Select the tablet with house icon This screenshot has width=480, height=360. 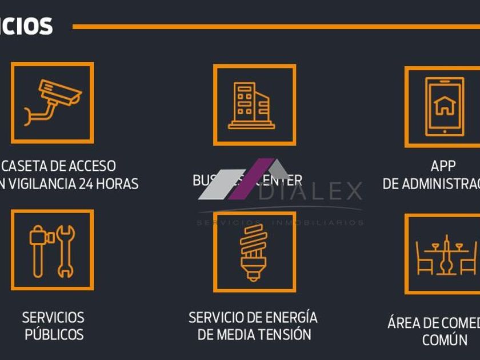tap(444, 106)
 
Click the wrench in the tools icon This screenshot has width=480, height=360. tap(66, 251)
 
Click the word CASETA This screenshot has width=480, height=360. tap(25, 166)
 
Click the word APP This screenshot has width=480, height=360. tap(443, 166)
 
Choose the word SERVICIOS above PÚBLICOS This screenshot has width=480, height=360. tap(53, 317)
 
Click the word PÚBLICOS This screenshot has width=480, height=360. tap(54, 334)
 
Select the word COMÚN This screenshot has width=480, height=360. tap(445, 340)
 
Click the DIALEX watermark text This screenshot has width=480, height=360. tap(311, 192)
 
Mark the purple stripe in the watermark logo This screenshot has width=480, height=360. tap(251, 179)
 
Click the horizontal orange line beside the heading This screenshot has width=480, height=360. tap(274, 26)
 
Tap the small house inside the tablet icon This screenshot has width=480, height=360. tap(444, 105)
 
